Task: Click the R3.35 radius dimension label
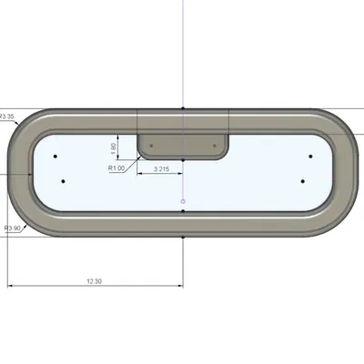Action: (x=7, y=116)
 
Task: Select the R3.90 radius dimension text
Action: (x=14, y=228)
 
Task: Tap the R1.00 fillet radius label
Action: (x=116, y=168)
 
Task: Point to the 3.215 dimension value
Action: (x=161, y=169)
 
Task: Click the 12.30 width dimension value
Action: (x=94, y=281)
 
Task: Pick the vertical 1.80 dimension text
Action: (x=113, y=147)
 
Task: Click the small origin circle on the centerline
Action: (x=183, y=200)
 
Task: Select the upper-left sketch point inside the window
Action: (x=56, y=157)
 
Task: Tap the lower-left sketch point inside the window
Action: (x=63, y=180)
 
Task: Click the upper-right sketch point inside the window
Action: (x=310, y=157)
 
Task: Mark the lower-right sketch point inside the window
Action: (x=303, y=180)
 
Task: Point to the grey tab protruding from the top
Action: (x=183, y=145)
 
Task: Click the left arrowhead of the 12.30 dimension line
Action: (x=11, y=287)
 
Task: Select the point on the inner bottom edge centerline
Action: (x=183, y=211)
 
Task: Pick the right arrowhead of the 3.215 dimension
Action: (x=182, y=175)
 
